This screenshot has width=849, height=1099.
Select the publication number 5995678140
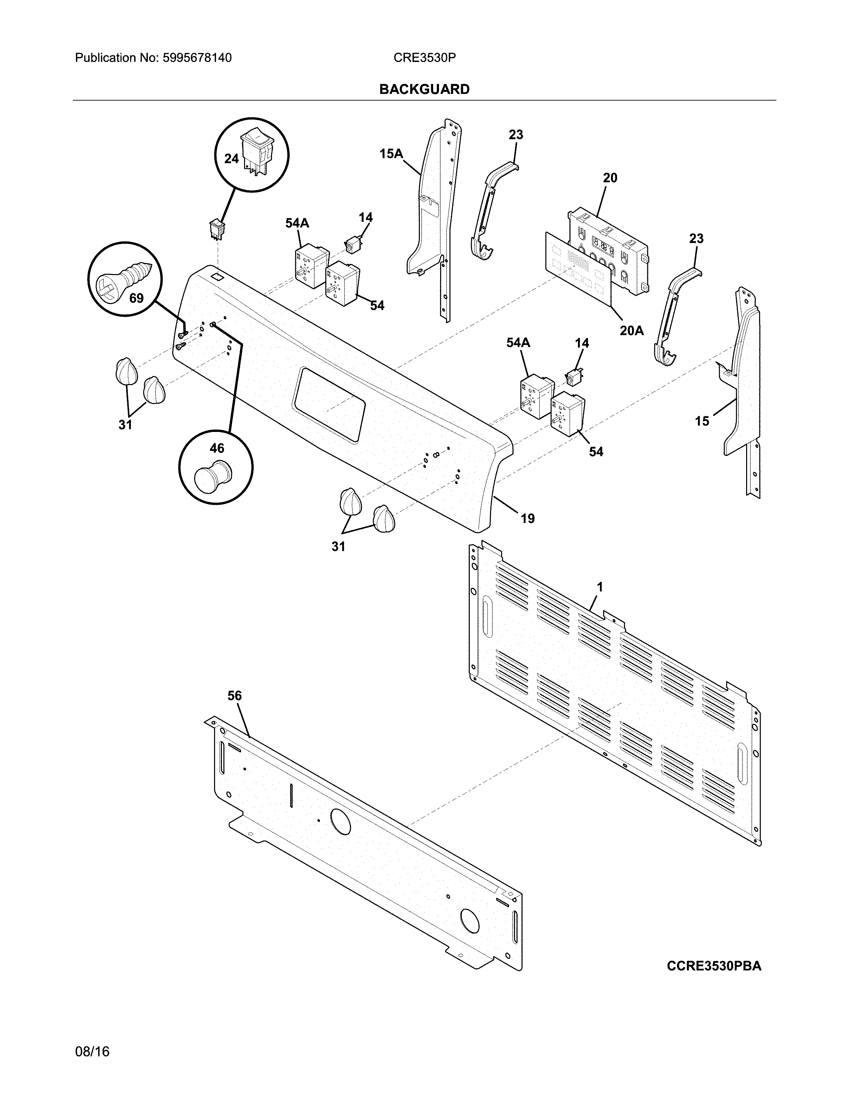pos(197,58)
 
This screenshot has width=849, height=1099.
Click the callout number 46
pos(217,448)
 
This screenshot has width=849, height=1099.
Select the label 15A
pos(391,154)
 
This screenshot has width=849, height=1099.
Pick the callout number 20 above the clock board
pos(610,178)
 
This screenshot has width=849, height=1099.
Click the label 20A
pos(631,331)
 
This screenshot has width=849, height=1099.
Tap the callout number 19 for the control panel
pos(527,518)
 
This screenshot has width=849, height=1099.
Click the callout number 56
pos(234,695)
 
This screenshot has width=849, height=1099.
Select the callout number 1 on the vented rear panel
pos(600,587)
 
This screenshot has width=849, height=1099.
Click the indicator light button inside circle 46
pos(212,476)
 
